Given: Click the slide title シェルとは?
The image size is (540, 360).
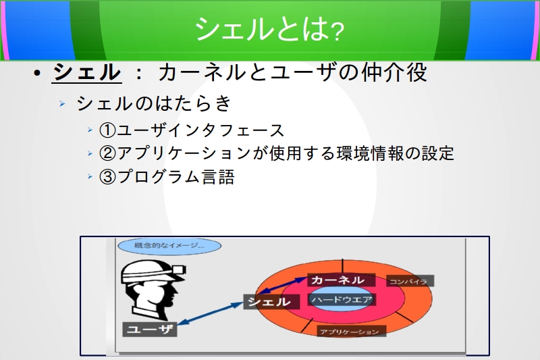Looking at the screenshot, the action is click(x=269, y=29).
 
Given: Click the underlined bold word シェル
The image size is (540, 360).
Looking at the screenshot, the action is click(x=87, y=72).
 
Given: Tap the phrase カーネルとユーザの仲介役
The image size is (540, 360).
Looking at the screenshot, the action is click(x=293, y=72).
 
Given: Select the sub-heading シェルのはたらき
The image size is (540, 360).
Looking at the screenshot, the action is click(x=154, y=103).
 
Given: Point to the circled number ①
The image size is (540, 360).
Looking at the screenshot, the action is click(x=107, y=130).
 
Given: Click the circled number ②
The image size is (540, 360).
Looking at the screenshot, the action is click(x=107, y=153).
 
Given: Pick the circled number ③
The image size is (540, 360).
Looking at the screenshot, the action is click(x=107, y=177).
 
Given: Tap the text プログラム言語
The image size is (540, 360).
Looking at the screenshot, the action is click(x=176, y=177).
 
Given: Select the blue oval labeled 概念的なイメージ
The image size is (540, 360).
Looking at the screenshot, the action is click(x=169, y=246).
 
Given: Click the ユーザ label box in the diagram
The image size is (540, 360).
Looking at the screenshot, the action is click(x=150, y=330).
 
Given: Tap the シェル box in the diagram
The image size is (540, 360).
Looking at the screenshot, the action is click(x=271, y=302).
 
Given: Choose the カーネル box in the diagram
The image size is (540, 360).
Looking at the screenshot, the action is click(x=341, y=280).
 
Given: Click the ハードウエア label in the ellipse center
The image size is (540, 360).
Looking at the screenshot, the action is click(x=342, y=300).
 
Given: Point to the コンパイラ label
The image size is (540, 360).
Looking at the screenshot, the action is click(x=410, y=281).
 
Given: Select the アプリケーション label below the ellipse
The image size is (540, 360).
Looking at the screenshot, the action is click(x=351, y=332).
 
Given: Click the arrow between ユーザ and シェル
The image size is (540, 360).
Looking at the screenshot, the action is click(x=210, y=313).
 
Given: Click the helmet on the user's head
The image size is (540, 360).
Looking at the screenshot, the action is click(x=153, y=271).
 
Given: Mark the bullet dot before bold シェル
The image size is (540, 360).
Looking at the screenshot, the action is click(x=38, y=73).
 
